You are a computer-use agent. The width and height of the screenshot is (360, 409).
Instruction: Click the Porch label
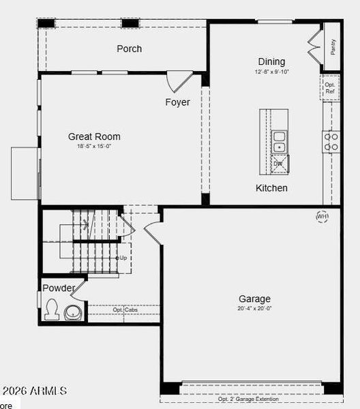[x=130, y=48]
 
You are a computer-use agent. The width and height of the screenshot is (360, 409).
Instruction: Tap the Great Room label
[x=94, y=136]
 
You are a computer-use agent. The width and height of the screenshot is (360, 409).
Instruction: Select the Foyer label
[x=177, y=102]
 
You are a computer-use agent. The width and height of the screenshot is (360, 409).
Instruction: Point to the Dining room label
[x=271, y=61]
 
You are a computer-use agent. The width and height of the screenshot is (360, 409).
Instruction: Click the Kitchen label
[x=271, y=187]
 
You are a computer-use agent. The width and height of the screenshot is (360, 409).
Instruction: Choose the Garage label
[x=254, y=299]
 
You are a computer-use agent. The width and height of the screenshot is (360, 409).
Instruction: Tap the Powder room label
[x=59, y=288]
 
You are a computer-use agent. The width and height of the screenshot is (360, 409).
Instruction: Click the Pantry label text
[x=333, y=46]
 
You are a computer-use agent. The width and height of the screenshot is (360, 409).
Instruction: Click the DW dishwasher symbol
[x=279, y=164]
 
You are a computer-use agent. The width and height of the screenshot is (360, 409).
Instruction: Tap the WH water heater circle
[x=322, y=217]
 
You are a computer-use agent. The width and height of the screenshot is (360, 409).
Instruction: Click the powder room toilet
[x=50, y=311]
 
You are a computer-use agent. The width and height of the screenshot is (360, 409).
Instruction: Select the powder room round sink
[x=72, y=312]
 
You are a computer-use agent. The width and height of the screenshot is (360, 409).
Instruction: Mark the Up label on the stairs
[x=123, y=258]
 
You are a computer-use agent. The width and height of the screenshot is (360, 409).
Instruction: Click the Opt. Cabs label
[x=125, y=309]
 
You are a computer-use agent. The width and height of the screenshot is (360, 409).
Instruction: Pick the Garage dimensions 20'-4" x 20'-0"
[x=254, y=308]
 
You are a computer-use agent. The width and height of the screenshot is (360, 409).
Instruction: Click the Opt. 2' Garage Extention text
[x=249, y=399]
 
